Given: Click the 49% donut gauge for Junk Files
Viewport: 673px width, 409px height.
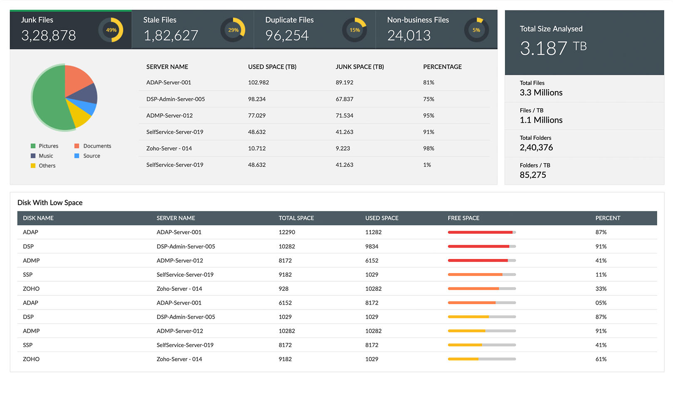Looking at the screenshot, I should (x=111, y=30).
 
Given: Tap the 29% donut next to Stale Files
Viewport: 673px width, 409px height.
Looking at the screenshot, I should (x=233, y=30).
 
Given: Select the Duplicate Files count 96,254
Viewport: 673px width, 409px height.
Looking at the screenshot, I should (x=287, y=36).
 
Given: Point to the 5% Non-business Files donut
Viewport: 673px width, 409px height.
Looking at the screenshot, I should (x=476, y=30).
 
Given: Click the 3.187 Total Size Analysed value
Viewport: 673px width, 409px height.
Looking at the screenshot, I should (x=543, y=48).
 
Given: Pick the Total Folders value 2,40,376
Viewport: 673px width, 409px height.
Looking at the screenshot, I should (x=536, y=148).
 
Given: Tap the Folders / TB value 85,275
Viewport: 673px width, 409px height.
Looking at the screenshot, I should (x=533, y=175).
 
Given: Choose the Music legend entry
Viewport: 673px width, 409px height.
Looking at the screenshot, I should (x=46, y=156).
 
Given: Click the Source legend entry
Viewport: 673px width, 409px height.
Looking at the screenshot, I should (x=91, y=156).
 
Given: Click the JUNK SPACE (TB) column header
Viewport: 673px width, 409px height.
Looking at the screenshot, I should (x=360, y=67).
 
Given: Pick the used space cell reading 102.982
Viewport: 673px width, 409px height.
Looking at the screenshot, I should (x=258, y=83).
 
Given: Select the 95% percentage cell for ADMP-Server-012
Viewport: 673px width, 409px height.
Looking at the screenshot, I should (x=429, y=116).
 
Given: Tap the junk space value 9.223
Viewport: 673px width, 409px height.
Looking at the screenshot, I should (x=343, y=149).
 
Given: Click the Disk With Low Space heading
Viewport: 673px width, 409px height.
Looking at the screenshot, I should (x=50, y=203).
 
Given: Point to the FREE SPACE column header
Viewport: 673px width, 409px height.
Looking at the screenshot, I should (x=463, y=218).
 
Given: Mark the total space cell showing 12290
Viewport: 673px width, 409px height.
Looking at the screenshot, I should (x=287, y=232).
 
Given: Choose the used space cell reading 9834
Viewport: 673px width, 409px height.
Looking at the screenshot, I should (x=372, y=246).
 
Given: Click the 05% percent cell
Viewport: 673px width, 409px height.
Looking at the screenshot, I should (x=601, y=303).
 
